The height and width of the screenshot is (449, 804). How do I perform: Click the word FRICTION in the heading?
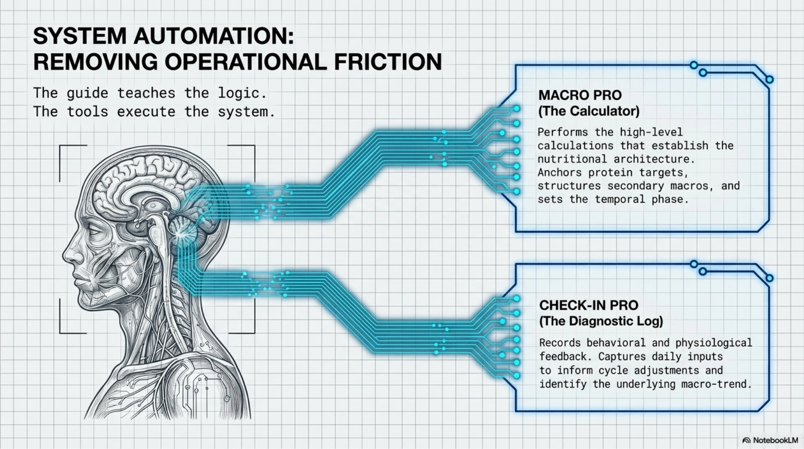(x=388, y=61)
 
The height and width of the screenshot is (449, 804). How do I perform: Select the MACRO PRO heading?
(x=580, y=95)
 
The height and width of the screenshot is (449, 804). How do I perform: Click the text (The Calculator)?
(x=589, y=111)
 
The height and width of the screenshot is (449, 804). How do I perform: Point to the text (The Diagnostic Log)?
(x=601, y=321)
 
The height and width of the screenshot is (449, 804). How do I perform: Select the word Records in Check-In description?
(x=560, y=342)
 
